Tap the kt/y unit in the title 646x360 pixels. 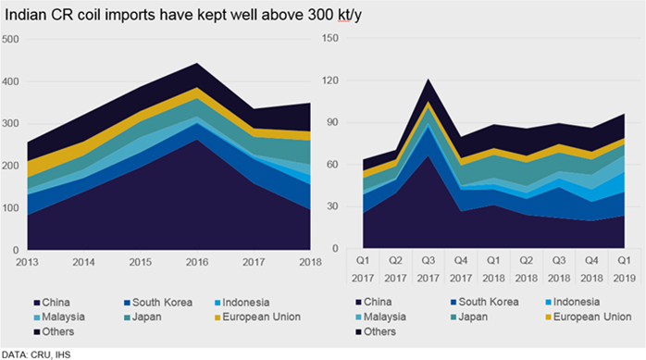(x=350, y=16)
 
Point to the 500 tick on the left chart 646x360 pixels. (x=10, y=40)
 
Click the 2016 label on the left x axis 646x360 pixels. (x=197, y=262)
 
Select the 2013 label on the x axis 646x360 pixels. (x=27, y=262)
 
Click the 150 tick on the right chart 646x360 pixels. (x=330, y=38)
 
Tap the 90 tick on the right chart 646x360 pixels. (x=332, y=122)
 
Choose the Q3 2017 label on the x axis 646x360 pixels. (x=429, y=269)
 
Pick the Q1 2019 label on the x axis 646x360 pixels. (x=624, y=269)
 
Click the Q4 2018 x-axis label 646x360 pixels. (x=591, y=269)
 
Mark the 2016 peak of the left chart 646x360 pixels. (x=197, y=63)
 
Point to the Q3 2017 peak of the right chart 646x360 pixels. (x=429, y=79)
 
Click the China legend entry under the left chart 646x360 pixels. (x=52, y=303)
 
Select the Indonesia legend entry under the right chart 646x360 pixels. (x=572, y=302)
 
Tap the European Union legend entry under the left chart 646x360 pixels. (x=257, y=317)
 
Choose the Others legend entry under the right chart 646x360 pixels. (x=376, y=331)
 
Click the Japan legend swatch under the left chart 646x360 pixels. (x=128, y=317)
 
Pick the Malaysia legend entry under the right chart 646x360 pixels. (x=380, y=317)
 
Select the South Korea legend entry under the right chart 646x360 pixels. (x=485, y=302)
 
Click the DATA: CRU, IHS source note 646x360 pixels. (x=36, y=354)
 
